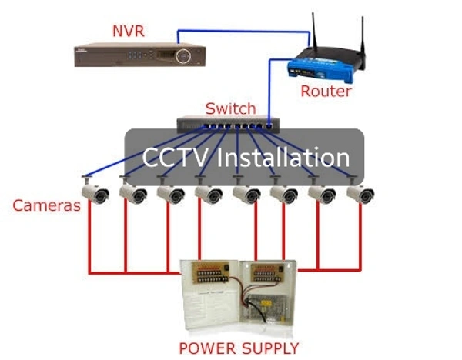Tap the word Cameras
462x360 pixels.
[x=46, y=205]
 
